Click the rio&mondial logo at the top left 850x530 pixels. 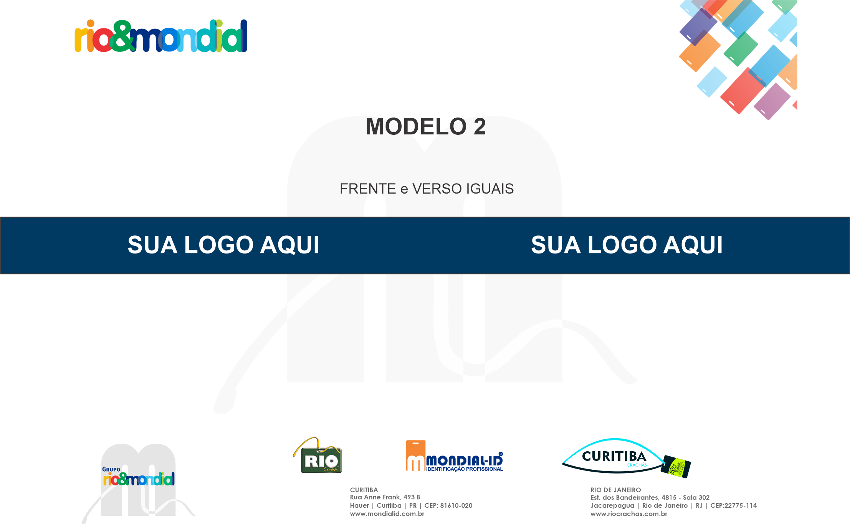(161, 36)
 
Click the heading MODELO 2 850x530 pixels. (426, 126)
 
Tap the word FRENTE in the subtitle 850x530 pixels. (368, 189)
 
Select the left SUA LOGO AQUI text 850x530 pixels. (223, 245)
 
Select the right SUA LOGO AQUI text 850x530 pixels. (627, 245)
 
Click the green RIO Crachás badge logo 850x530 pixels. (318, 455)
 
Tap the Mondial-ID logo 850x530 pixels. (455, 456)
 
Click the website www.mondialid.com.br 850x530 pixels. (387, 514)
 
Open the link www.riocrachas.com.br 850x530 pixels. (629, 514)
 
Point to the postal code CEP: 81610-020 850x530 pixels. (448, 505)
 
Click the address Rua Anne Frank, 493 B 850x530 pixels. (385, 497)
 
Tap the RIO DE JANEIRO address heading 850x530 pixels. (616, 490)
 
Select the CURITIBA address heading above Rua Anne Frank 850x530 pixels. (364, 490)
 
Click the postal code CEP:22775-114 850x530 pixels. (734, 505)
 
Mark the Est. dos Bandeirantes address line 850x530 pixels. (650, 497)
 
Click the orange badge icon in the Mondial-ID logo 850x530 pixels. (416, 455)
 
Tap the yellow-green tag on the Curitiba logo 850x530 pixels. (676, 467)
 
